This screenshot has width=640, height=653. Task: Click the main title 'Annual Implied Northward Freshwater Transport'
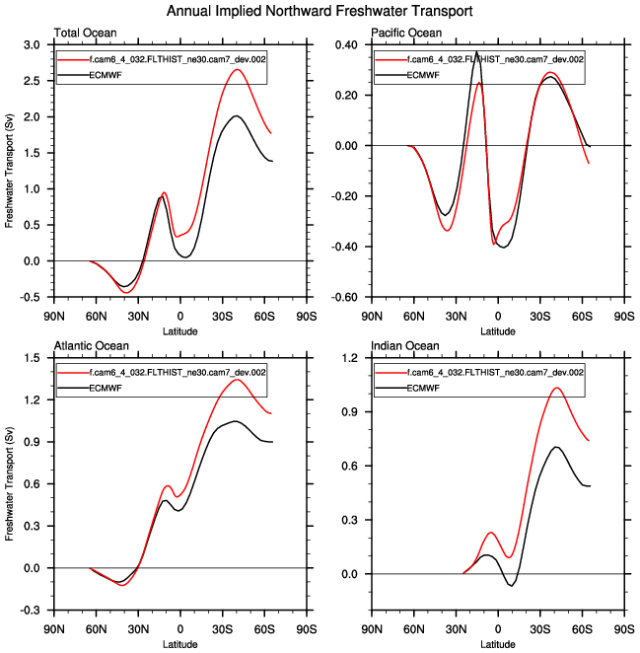click(320, 11)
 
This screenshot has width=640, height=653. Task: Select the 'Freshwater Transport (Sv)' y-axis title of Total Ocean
click(10, 171)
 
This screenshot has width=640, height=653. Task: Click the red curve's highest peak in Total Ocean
click(237, 69)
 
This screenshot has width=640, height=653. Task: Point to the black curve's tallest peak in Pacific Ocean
click(476, 51)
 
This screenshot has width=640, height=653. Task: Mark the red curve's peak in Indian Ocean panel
click(557, 388)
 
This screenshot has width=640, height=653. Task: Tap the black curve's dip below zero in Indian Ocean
click(512, 586)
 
